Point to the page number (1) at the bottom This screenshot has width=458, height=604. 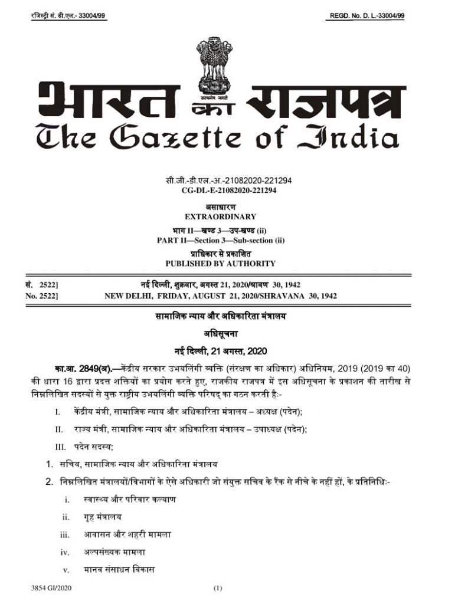tap(217, 589)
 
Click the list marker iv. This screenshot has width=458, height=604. tap(65, 552)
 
